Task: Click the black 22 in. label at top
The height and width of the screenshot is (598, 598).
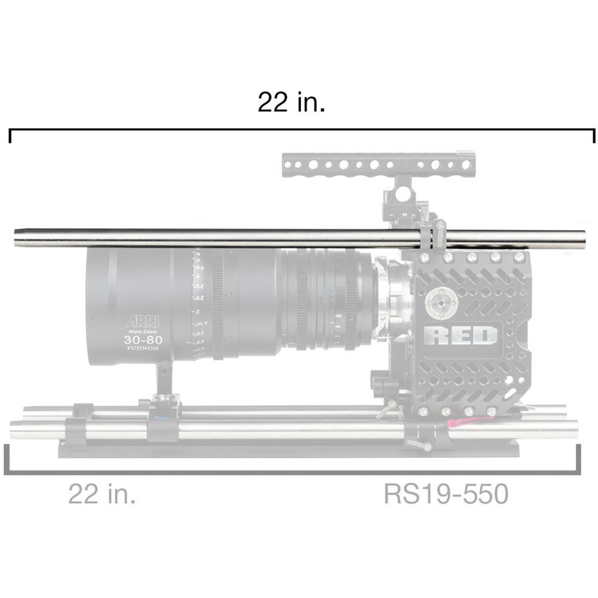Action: (x=291, y=102)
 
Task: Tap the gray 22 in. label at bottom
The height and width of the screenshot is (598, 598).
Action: (x=102, y=495)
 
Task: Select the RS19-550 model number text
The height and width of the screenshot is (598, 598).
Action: (x=446, y=495)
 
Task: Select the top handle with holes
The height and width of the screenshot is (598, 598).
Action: (x=378, y=164)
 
